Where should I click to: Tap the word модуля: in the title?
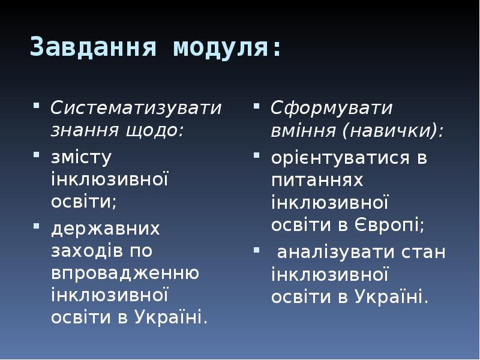(x=227, y=47)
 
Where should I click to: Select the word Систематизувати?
(x=136, y=109)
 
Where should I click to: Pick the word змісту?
(x=82, y=157)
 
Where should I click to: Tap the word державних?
(x=105, y=229)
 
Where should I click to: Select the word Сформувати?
(x=331, y=109)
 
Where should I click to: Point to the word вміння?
(x=302, y=130)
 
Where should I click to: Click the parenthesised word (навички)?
(x=394, y=130)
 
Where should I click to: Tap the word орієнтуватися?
(x=341, y=157)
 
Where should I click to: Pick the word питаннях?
(x=317, y=179)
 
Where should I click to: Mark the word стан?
(x=425, y=251)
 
